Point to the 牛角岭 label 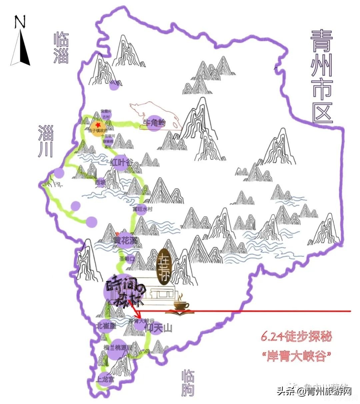tap(154, 123)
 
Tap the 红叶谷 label tap(121, 162)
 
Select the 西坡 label tap(100, 182)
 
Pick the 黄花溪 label tap(125, 241)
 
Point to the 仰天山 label tap(159, 328)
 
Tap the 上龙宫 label tap(105, 379)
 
